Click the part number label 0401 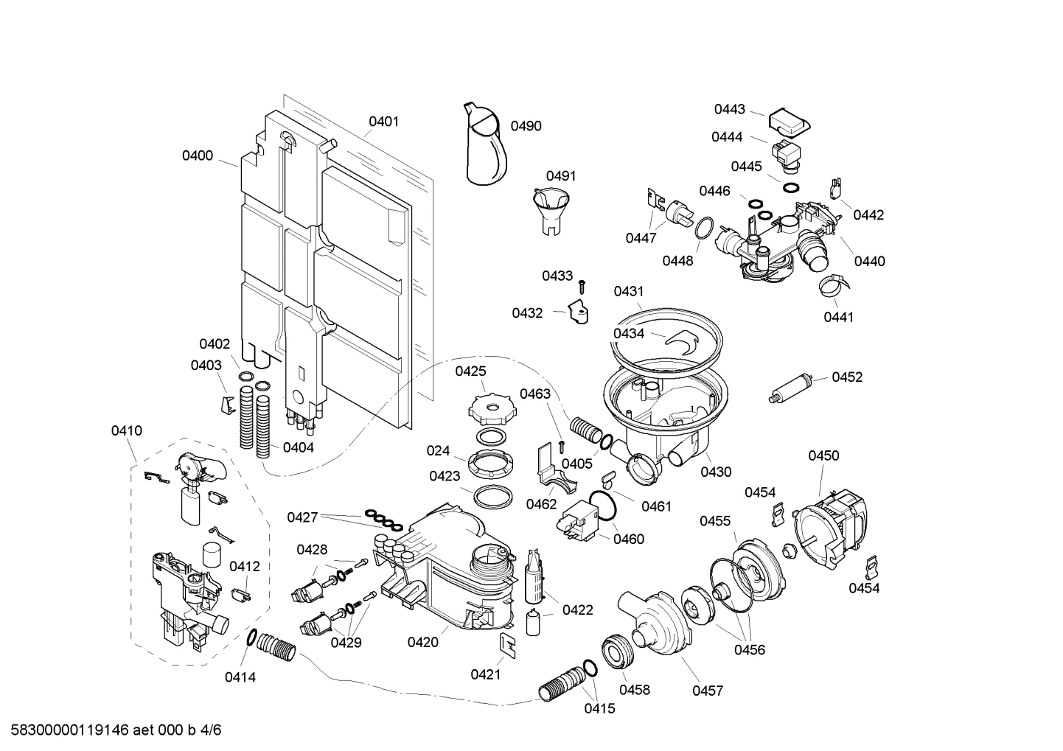click(x=383, y=122)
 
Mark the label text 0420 click(x=422, y=642)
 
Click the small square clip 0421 click(x=508, y=643)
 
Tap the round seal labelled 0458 click(x=616, y=650)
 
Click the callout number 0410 click(x=126, y=430)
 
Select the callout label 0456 click(x=749, y=650)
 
